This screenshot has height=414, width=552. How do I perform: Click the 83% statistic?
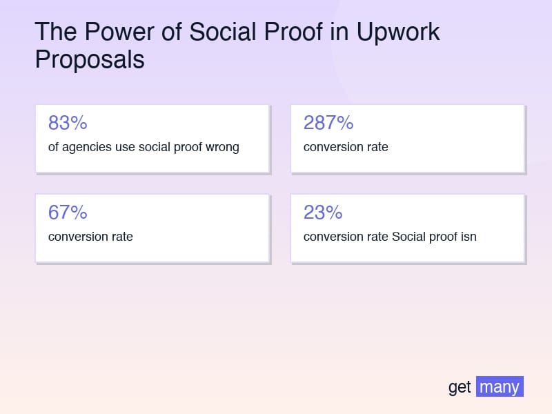pyautogui.click(x=68, y=123)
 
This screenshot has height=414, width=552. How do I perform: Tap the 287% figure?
pyautogui.click(x=328, y=123)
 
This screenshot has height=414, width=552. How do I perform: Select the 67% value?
pyautogui.click(x=68, y=213)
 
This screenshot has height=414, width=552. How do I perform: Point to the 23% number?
pyautogui.click(x=323, y=213)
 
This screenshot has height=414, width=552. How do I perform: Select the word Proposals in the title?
pyautogui.click(x=90, y=59)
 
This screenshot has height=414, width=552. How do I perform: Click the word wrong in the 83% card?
pyautogui.click(x=222, y=147)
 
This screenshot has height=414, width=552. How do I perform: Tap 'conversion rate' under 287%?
pyautogui.click(x=346, y=147)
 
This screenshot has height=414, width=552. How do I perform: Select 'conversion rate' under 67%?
pyautogui.click(x=90, y=237)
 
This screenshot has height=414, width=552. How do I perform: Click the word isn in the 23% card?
pyautogui.click(x=468, y=237)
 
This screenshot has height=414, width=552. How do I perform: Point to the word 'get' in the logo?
pyautogui.click(x=460, y=387)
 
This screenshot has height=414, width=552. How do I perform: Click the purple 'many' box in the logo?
pyautogui.click(x=500, y=386)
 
